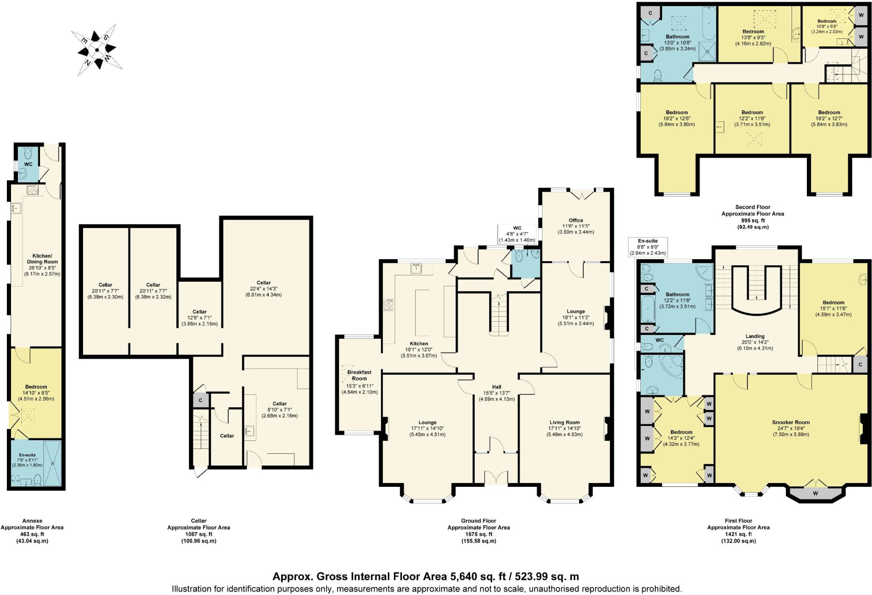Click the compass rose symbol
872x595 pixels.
[x=97, y=50]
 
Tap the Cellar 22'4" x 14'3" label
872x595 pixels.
[x=264, y=289]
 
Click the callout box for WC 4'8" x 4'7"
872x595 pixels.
[x=516, y=234]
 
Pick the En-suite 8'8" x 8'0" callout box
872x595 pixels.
[x=648, y=247]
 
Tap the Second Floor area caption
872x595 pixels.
[x=752, y=217]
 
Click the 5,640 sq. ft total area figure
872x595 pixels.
[x=478, y=577]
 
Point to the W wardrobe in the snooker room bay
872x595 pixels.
[x=815, y=493]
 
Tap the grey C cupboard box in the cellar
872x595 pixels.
[x=201, y=400]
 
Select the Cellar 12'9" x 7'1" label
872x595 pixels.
[x=199, y=318]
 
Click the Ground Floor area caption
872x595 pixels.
[x=478, y=531]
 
